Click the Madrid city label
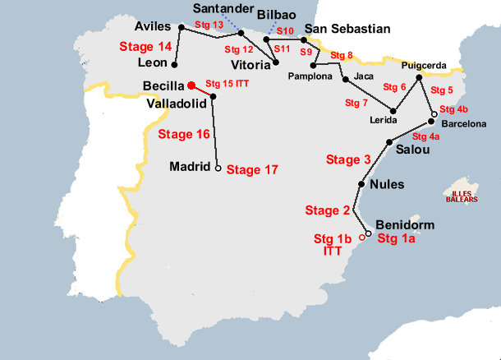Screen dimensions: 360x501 tap(189, 167)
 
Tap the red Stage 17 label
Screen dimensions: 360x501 tap(252, 170)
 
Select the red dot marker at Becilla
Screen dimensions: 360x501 tap(191, 85)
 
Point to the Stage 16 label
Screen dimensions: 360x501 tap(184, 134)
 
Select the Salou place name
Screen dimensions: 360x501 tap(411, 150)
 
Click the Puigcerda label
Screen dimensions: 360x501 tap(424, 65)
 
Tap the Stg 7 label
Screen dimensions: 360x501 tap(356, 103)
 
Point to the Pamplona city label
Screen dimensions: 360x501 tap(310, 76)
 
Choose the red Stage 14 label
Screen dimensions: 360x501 tap(145, 46)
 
